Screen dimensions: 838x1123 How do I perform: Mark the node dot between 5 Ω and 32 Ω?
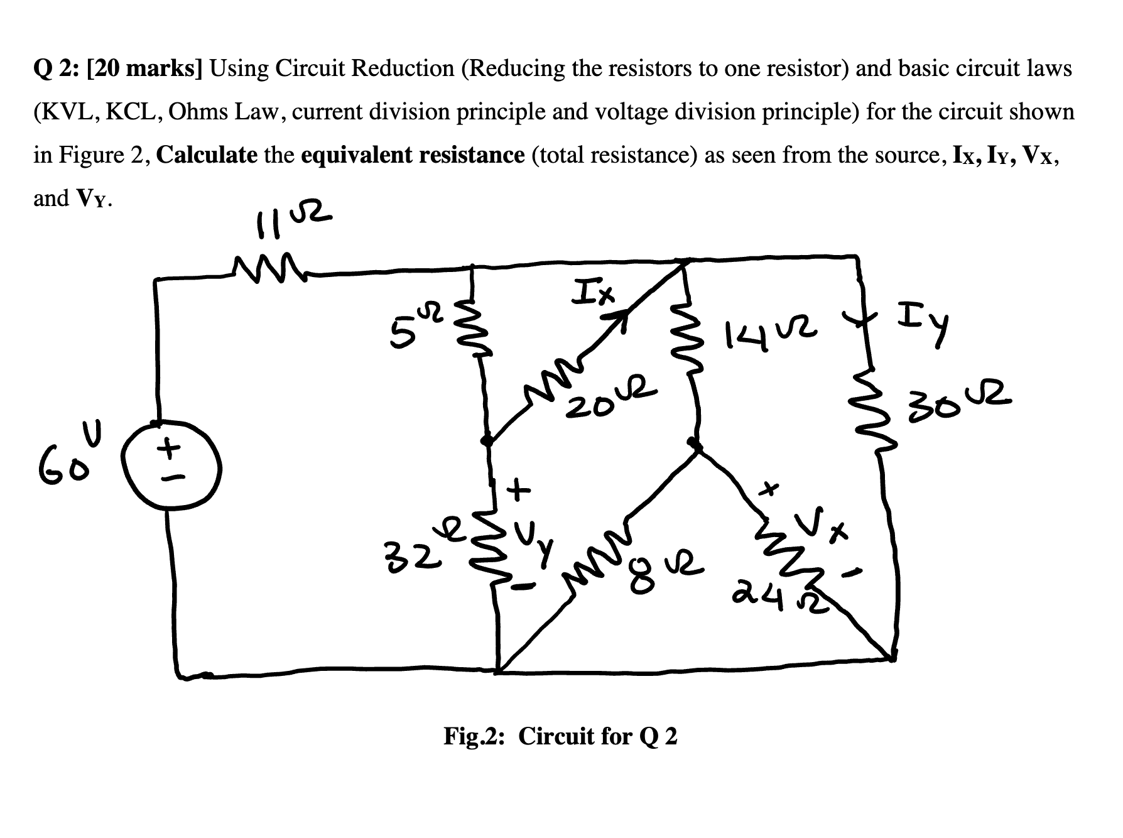486,441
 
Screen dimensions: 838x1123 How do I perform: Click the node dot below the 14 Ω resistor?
694,443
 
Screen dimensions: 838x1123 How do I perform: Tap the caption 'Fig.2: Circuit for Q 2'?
560,736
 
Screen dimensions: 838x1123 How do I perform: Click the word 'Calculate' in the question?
207,155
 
